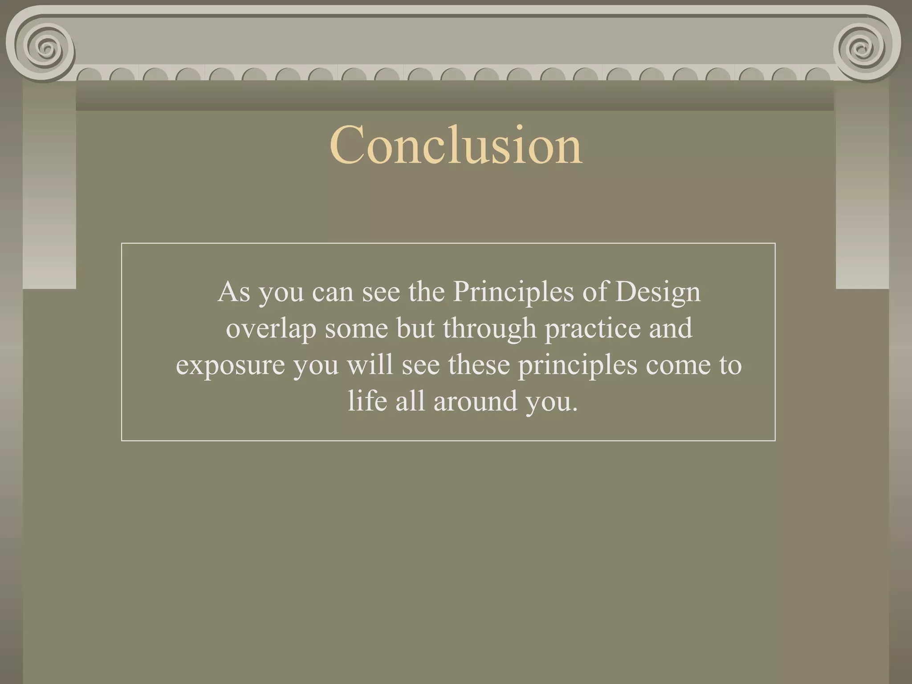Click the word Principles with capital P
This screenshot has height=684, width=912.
[513, 292]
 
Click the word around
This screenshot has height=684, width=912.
[475, 400]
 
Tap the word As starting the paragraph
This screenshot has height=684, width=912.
[234, 292]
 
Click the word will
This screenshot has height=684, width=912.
[370, 365]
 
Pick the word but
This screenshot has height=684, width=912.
[415, 329]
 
